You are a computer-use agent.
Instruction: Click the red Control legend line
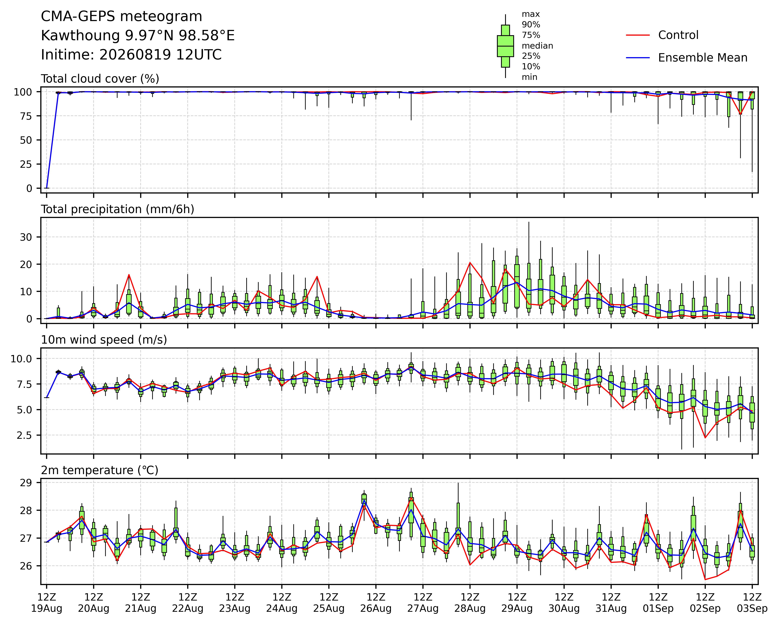click(638, 35)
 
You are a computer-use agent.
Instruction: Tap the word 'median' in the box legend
click(537, 46)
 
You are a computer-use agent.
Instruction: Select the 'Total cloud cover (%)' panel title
click(100, 79)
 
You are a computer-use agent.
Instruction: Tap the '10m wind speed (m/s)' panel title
click(104, 340)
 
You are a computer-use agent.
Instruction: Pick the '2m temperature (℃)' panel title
click(100, 470)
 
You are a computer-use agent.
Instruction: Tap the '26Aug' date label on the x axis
click(376, 609)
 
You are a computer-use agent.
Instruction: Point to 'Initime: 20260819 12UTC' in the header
click(131, 55)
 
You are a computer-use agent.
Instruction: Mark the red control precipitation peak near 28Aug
click(470, 263)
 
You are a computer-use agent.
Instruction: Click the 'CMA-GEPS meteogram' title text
click(122, 17)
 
